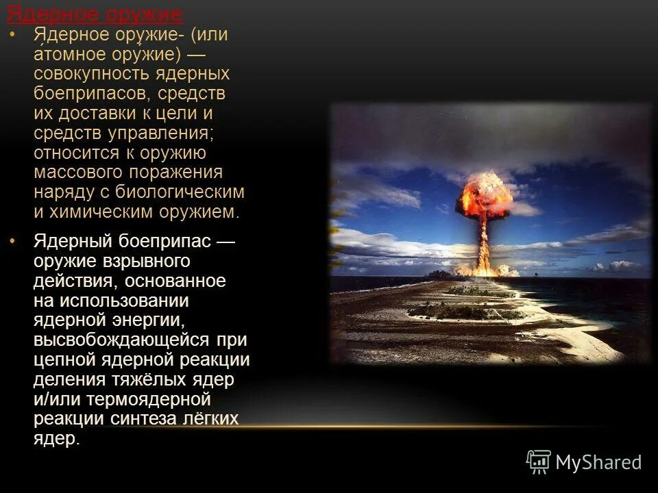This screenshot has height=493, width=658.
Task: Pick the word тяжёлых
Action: click(x=142, y=379)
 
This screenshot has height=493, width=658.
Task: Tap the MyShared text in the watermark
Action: click(x=598, y=462)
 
